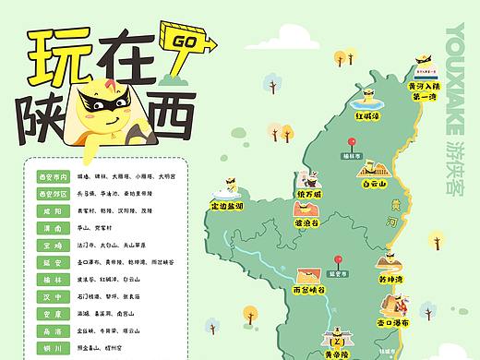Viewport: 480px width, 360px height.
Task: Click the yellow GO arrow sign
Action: pyautogui.click(x=188, y=41)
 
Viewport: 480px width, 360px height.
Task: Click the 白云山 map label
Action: pyautogui.click(x=374, y=183)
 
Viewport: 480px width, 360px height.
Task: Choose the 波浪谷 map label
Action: pyautogui.click(x=307, y=223)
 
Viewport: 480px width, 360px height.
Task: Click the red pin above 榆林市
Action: pyautogui.click(x=350, y=144)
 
